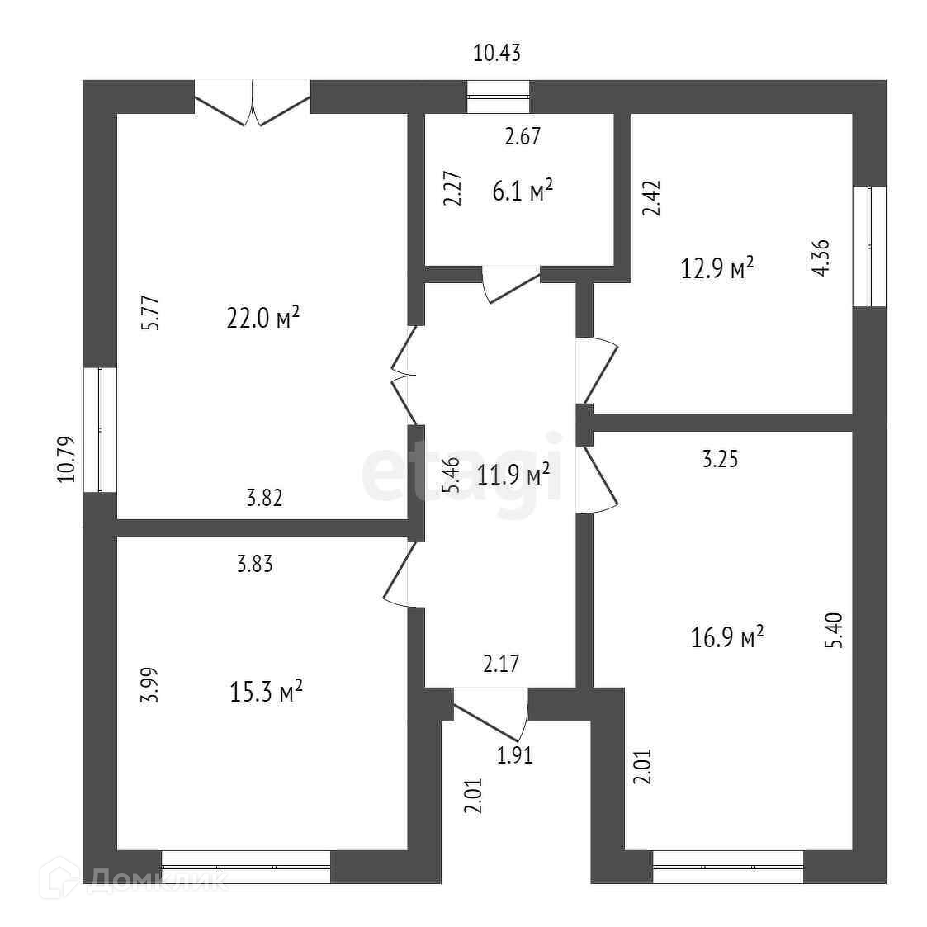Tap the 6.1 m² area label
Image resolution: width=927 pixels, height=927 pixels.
click(522, 192)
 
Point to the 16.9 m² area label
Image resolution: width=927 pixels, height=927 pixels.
click(726, 636)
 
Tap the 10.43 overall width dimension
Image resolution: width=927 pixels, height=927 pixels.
click(497, 54)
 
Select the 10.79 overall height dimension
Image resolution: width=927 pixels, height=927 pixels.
click(67, 459)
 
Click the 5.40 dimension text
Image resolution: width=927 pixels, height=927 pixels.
click(834, 630)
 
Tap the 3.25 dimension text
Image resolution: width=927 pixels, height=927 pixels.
click(720, 459)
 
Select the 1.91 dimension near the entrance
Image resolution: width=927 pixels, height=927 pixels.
click(514, 754)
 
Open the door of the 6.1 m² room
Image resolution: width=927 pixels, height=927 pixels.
click(510, 282)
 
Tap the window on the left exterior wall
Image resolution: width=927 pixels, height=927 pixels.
click(100, 430)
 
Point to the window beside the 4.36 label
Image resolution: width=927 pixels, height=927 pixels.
click(869, 246)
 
